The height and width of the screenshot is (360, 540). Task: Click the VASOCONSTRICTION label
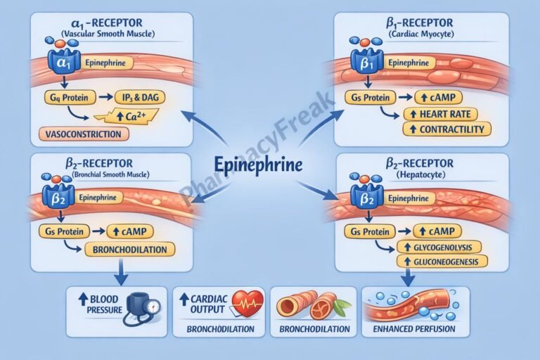pyautogui.click(x=72, y=134)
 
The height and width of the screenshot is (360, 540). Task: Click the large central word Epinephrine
pyautogui.click(x=259, y=166)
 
